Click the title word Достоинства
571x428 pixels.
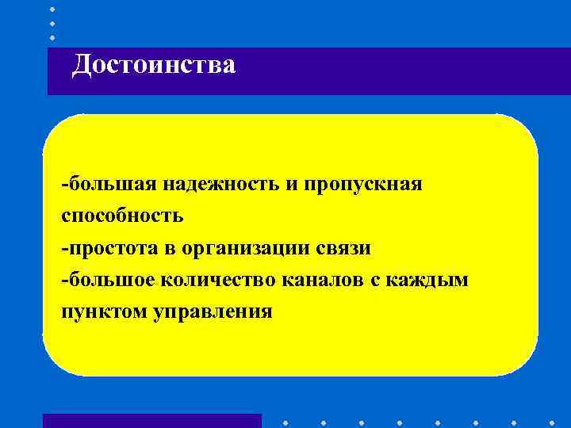click(153, 65)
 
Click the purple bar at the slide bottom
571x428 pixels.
click(151, 421)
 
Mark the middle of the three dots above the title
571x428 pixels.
click(52, 22)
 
